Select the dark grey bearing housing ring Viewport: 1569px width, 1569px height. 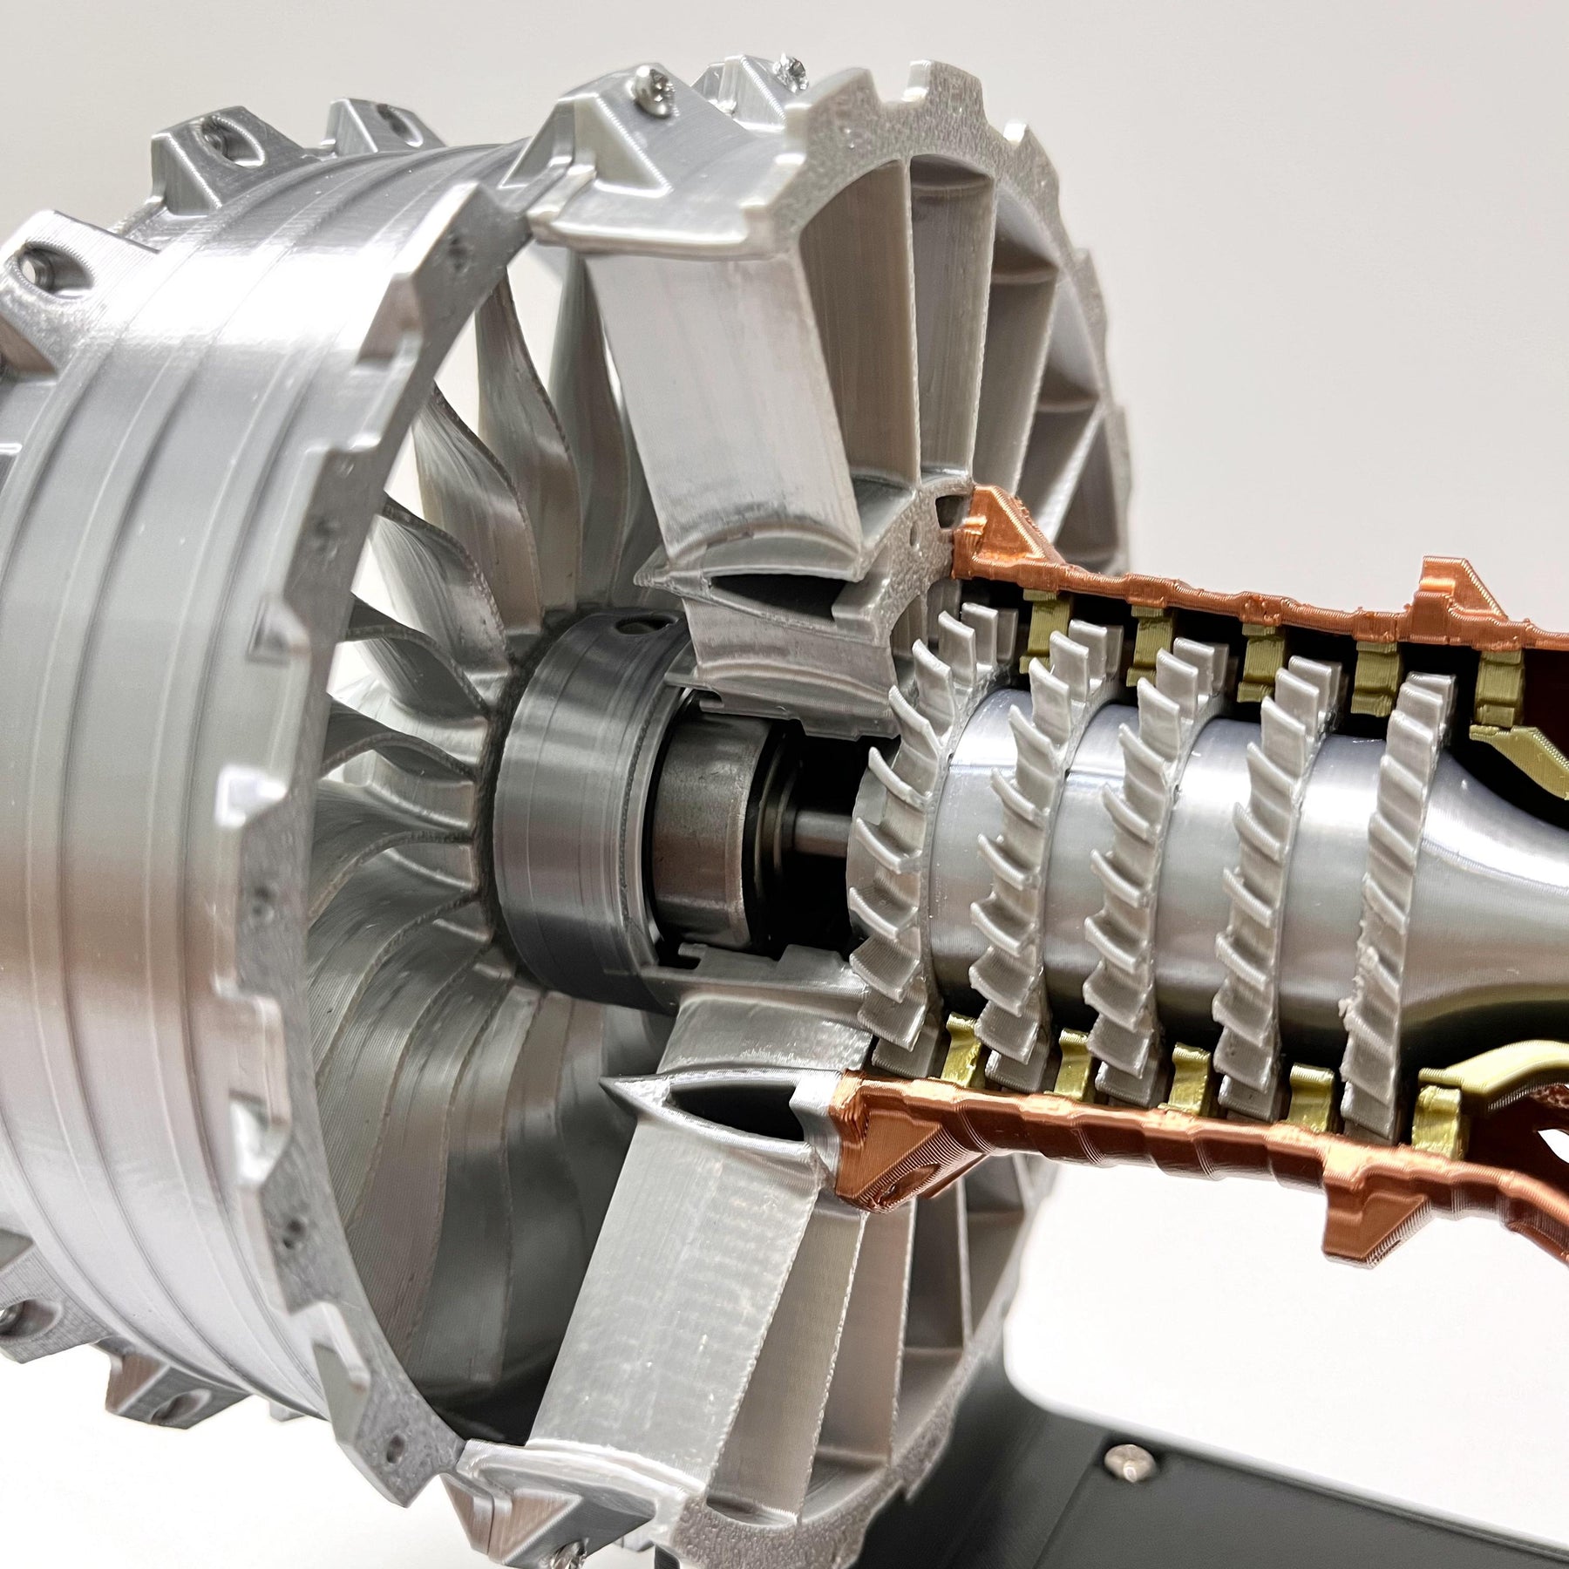click(x=558, y=784)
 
